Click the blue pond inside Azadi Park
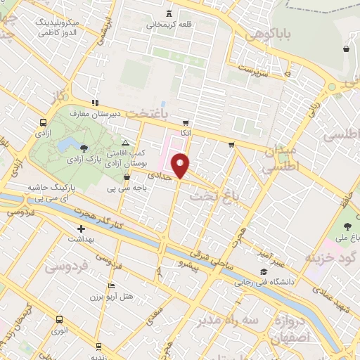(68, 145)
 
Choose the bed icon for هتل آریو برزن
(111, 286)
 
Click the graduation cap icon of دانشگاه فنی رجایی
(264, 273)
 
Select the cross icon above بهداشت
(81, 229)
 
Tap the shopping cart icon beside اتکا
(231, 146)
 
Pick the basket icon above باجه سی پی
(127, 178)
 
